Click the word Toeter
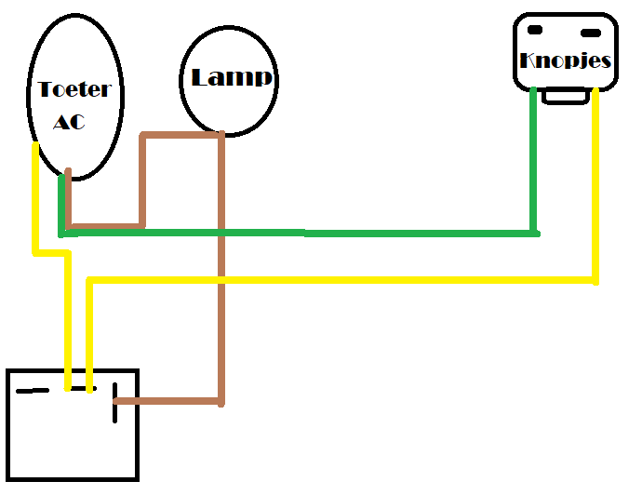click(74, 90)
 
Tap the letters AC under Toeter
click(70, 121)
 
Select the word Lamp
click(232, 77)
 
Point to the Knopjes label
click(566, 61)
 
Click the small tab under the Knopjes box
click(565, 96)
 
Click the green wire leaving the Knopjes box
click(534, 158)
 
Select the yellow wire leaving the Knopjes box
click(595, 186)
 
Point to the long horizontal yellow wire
click(344, 280)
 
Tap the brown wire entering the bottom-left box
click(167, 402)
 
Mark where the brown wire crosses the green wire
click(221, 231)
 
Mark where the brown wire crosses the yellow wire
click(221, 280)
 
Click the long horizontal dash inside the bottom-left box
click(33, 391)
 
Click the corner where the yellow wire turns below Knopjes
click(595, 280)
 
